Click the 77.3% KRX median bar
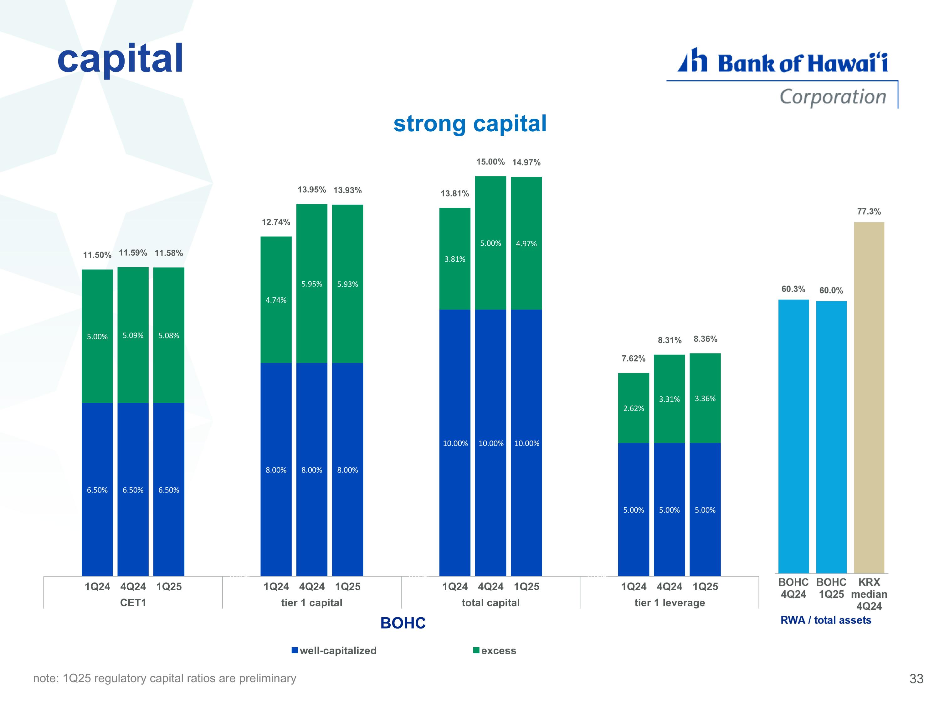click(869, 397)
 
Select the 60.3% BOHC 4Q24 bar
click(793, 436)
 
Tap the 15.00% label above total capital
click(490, 162)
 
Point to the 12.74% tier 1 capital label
click(276, 222)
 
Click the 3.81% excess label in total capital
click(455, 259)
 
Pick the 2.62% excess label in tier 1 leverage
click(634, 408)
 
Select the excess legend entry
click(495, 650)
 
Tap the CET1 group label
click(133, 603)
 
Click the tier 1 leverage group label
click(670, 603)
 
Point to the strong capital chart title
click(470, 124)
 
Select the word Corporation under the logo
click(833, 97)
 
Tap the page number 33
click(916, 679)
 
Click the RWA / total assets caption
click(826, 620)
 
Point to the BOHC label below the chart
click(403, 623)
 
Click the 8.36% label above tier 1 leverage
click(705, 339)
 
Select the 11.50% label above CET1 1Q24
click(97, 255)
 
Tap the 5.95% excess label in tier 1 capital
click(311, 284)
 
